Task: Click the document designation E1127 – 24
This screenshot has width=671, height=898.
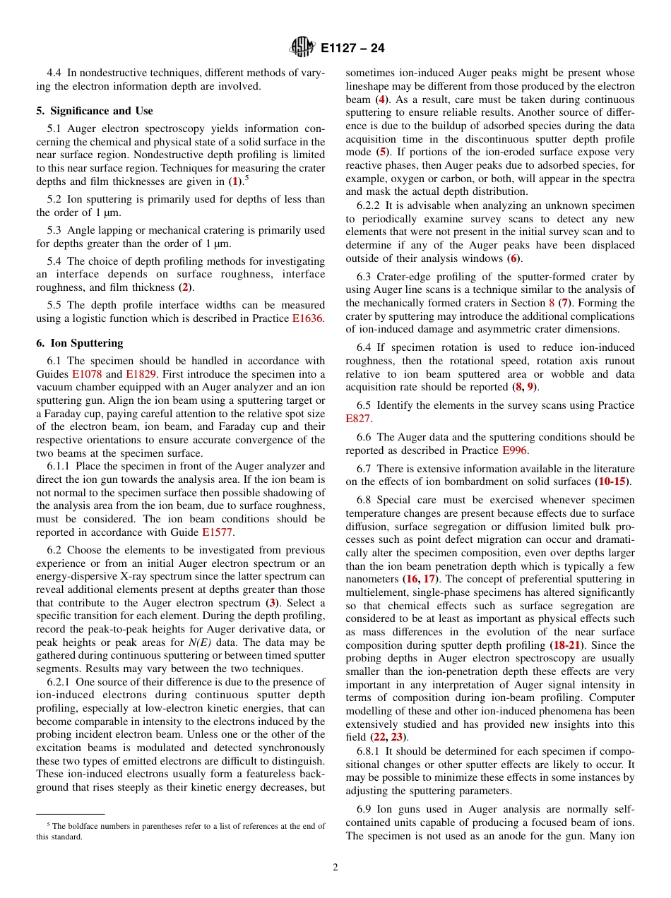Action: [352, 49]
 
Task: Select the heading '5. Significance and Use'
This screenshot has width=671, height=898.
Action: [95, 111]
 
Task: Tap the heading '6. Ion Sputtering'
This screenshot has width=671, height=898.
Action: [80, 343]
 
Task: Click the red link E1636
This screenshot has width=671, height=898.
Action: [307, 318]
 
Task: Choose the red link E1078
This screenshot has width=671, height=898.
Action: [87, 374]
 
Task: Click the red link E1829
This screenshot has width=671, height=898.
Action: [142, 374]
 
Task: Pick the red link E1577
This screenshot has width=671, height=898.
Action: [217, 532]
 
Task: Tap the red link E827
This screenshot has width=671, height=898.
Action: [357, 419]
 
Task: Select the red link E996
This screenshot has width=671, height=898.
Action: [514, 450]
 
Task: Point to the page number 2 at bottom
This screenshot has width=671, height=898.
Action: [335, 868]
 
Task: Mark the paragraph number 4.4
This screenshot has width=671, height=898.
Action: [54, 73]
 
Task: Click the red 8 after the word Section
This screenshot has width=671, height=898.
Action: [552, 303]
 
